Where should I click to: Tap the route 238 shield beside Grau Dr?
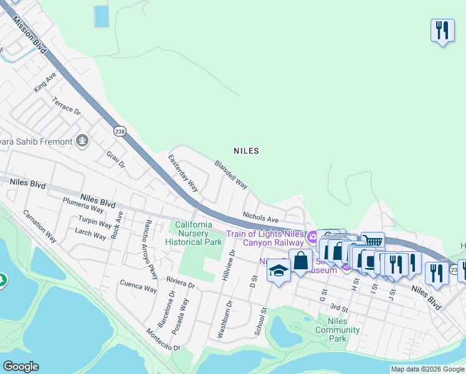[119, 131]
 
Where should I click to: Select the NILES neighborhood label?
[245, 151]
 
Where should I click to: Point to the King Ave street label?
[45, 82]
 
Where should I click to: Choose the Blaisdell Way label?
[231, 175]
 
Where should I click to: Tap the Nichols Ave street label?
[260, 216]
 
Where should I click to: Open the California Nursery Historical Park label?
[194, 233]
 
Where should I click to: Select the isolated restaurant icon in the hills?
[441, 31]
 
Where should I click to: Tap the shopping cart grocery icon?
[373, 242]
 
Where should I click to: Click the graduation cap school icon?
[278, 271]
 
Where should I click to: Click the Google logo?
[21, 367]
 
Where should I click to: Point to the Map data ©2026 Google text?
[427, 369]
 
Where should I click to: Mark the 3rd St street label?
[338, 307]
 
